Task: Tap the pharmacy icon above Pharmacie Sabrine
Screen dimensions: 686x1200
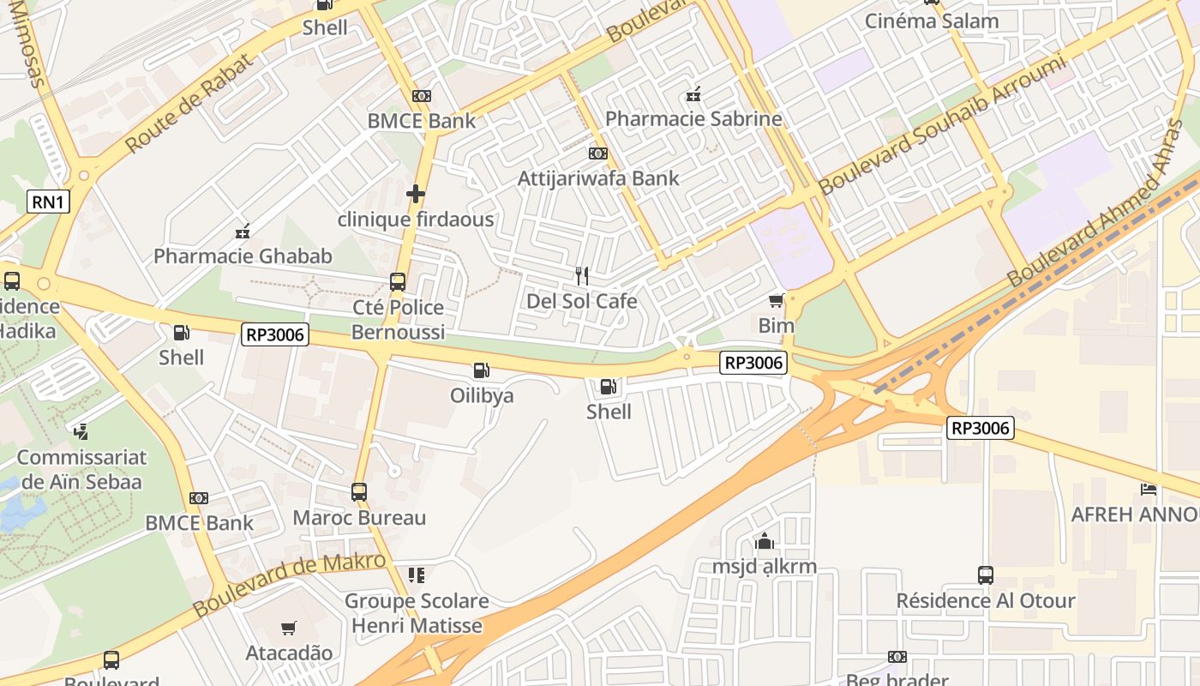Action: [693, 94]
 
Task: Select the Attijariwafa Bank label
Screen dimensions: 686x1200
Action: [598, 178]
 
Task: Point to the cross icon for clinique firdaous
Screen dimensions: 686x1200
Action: [416, 194]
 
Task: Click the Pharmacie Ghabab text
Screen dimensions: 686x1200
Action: [243, 256]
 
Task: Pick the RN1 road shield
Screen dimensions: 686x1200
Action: [48, 202]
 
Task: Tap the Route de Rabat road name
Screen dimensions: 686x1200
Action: [190, 104]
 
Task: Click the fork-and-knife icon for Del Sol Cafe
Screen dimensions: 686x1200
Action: [582, 276]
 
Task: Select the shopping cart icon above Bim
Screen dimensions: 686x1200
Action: [776, 300]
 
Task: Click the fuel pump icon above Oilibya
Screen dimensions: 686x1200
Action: [482, 370]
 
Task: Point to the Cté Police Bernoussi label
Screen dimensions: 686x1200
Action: [398, 319]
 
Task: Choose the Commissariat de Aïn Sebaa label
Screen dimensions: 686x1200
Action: [81, 469]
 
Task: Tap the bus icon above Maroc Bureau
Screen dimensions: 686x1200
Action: [359, 492]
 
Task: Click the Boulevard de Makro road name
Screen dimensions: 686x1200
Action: [289, 585]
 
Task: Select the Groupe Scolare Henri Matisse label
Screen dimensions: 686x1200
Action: [417, 613]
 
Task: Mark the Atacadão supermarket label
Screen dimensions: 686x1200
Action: [289, 653]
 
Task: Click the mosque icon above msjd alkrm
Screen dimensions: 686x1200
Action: [764, 541]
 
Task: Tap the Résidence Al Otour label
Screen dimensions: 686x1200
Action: [985, 600]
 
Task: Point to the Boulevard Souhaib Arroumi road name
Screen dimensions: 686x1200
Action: [942, 124]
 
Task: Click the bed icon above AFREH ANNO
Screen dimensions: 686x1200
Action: [1149, 490]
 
